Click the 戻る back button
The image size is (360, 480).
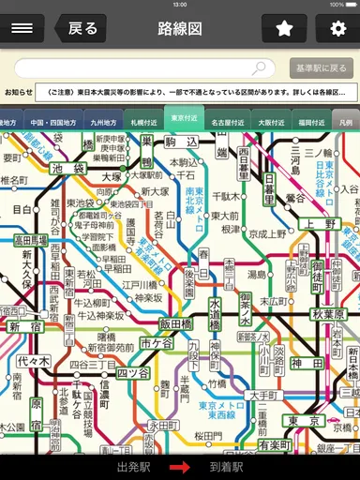[x=78, y=28]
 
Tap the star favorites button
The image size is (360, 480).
[x=284, y=28]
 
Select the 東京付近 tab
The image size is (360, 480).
[x=184, y=120]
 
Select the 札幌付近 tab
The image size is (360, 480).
[x=143, y=122]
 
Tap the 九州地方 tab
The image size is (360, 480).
[x=103, y=122]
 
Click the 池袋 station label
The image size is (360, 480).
[x=67, y=169]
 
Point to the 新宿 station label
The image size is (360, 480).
[x=25, y=326]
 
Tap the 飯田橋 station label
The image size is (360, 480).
[x=175, y=323]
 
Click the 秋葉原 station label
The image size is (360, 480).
[x=329, y=312]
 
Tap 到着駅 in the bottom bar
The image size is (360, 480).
[x=226, y=466]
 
